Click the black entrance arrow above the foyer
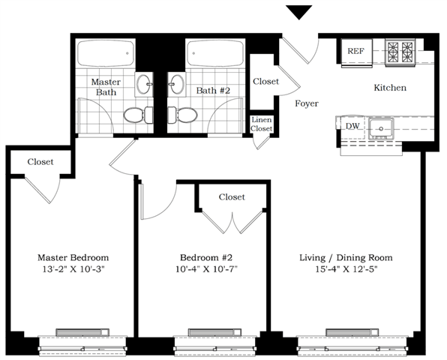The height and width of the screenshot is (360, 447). (299, 12)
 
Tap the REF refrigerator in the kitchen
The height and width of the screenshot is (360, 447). (357, 53)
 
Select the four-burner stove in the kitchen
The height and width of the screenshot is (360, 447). (400, 52)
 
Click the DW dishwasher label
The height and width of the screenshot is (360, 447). (352, 126)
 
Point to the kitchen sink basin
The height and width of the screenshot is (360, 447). (381, 128)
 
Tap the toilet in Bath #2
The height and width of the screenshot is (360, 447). (182, 115)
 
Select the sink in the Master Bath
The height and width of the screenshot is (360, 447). (144, 84)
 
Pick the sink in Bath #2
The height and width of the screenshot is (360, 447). (177, 84)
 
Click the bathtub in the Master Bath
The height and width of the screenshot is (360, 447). (106, 53)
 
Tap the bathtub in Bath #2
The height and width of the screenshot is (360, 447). (215, 53)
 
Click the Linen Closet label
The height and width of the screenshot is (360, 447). (262, 124)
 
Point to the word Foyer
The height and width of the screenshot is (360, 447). (307, 103)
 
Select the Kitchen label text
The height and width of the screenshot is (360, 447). (390, 88)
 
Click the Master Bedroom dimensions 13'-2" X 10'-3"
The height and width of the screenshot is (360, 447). (73, 269)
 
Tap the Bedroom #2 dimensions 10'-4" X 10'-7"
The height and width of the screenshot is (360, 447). (206, 269)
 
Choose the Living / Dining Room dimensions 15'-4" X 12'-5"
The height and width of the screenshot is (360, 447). (346, 269)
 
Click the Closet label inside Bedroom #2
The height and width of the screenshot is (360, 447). (232, 197)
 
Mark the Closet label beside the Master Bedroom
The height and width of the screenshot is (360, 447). (40, 161)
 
